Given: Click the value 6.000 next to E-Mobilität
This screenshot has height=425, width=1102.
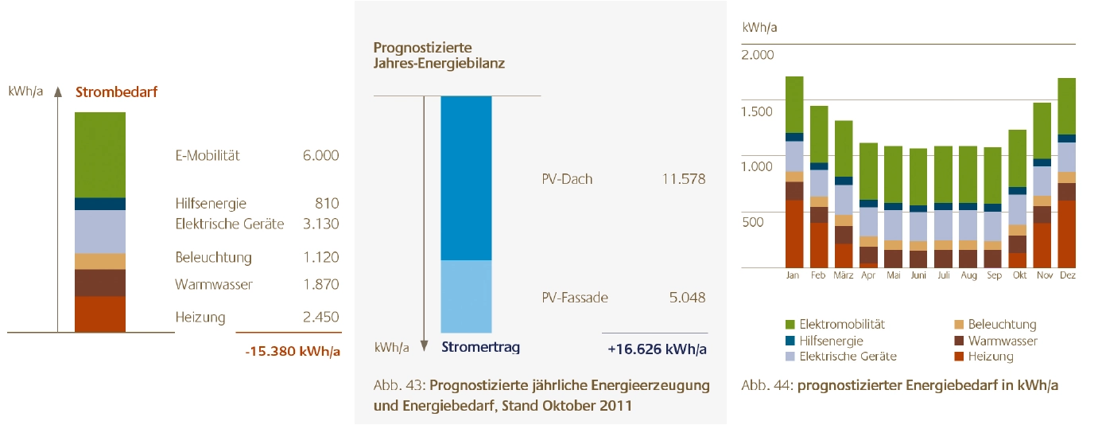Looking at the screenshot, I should tap(320, 155).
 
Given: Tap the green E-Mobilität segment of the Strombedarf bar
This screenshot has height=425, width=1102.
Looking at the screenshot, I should tap(100, 154).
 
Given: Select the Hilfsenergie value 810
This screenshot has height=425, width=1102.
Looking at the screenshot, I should tap(327, 203).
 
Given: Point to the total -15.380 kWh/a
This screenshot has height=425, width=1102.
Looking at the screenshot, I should tap(292, 350).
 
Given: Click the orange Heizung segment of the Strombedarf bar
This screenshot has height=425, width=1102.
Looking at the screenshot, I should tap(100, 314).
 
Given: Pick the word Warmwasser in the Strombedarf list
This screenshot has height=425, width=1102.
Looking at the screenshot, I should tap(214, 284).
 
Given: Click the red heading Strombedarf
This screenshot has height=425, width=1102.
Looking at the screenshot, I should tap(116, 92).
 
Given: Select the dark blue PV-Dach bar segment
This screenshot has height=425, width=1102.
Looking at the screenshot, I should tap(466, 177).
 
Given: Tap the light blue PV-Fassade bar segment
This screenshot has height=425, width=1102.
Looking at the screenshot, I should tap(466, 296).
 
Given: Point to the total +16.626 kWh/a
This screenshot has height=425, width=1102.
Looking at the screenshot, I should tap(656, 348).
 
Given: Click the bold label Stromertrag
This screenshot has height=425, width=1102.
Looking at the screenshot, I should tap(480, 347).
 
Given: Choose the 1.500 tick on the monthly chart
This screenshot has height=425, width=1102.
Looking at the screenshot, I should tap(757, 111).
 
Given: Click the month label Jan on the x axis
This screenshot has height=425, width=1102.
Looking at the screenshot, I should tap(793, 275).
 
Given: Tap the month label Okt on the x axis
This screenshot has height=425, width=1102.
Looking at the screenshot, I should tap(1016, 275).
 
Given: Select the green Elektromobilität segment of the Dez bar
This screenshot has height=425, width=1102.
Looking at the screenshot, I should tap(1066, 106).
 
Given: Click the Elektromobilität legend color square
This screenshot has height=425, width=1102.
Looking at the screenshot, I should tap(790, 325).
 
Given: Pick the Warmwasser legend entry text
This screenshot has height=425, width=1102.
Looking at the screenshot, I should tap(1003, 341).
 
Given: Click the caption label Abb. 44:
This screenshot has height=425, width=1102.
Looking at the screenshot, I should tap(766, 385).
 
